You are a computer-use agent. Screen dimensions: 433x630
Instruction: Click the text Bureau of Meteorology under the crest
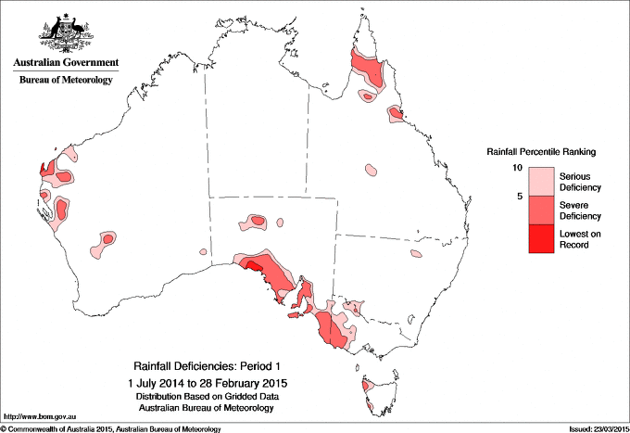click(x=66, y=81)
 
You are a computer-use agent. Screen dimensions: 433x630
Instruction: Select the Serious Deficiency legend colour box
click(x=540, y=182)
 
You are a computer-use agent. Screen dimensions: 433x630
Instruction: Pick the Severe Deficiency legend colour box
click(x=540, y=210)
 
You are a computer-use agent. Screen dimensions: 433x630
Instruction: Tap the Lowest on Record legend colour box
click(x=540, y=239)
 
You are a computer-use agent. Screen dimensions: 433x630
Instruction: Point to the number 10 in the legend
click(x=520, y=168)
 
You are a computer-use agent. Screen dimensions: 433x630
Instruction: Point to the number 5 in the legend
click(x=522, y=197)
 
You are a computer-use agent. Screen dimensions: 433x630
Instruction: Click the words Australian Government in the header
click(x=66, y=63)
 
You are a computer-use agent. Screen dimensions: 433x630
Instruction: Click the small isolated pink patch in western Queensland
click(x=371, y=170)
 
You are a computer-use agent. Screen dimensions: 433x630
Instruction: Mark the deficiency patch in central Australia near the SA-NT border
click(x=254, y=223)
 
